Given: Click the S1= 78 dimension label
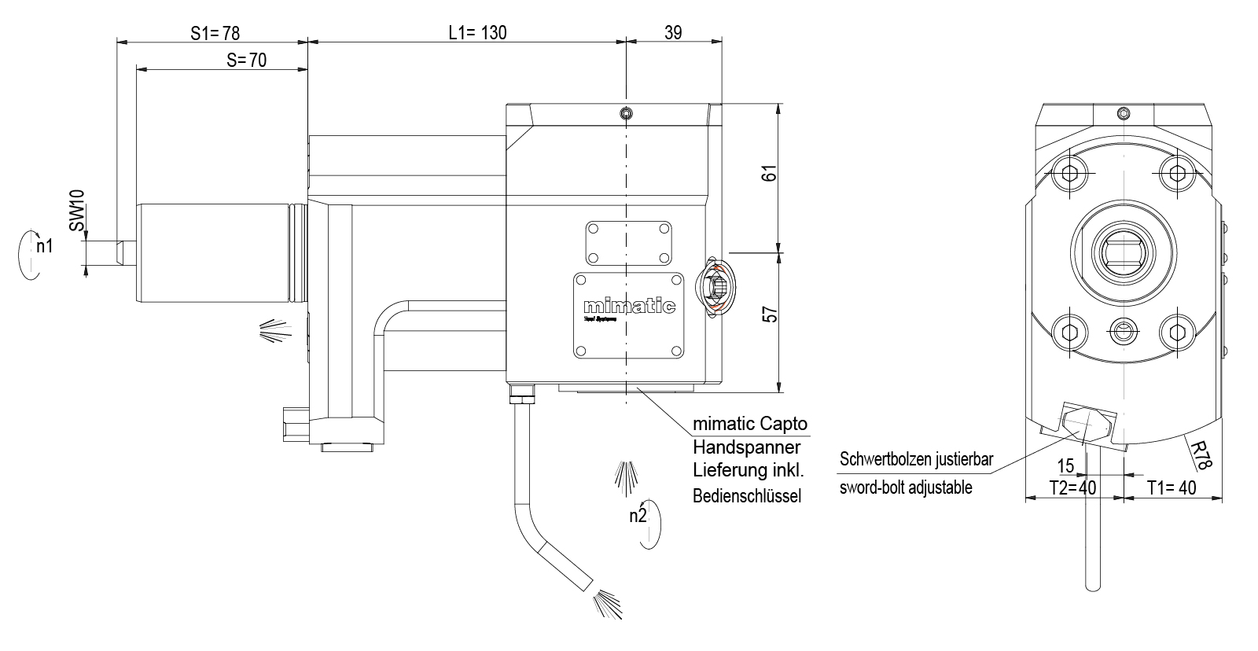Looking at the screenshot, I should click(x=215, y=33).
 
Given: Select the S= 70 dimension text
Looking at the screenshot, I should click(x=246, y=60).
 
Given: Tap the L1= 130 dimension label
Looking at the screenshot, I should click(x=477, y=33).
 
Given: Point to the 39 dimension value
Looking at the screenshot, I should click(x=673, y=32).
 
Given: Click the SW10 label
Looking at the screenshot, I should click(x=77, y=210).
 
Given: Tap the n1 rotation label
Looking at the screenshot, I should click(x=45, y=246).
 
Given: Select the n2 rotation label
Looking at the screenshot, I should click(x=638, y=517).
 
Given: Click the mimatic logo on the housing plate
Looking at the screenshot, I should click(x=629, y=307).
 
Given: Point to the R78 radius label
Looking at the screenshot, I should click(x=1201, y=455).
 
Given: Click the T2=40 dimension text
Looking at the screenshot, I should click(x=1072, y=488).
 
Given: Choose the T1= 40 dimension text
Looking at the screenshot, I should click(x=1171, y=488).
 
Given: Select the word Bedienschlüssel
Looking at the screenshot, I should click(x=746, y=497).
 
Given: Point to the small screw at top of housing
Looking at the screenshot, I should click(x=624, y=113).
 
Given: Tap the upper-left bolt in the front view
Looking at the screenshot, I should click(x=1069, y=175).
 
